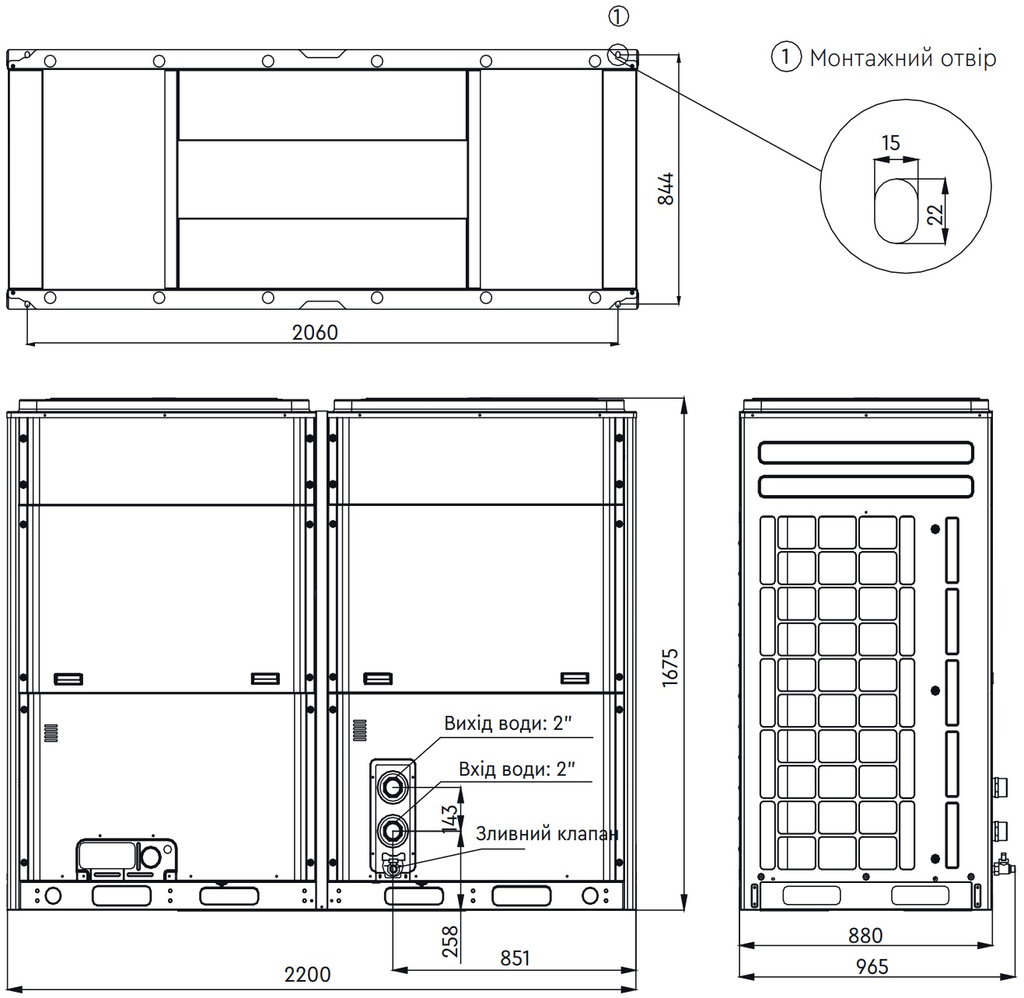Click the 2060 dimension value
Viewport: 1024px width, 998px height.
pos(315,333)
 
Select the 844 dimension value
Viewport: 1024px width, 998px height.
pos(666,188)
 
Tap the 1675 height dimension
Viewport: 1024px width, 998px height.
pos(670,666)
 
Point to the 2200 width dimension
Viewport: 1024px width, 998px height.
pos(307,974)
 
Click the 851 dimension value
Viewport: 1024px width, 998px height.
pos(515,958)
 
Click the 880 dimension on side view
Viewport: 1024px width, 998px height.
pos(865,936)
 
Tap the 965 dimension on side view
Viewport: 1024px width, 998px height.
pos(872,966)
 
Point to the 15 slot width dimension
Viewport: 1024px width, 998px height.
pos(891,143)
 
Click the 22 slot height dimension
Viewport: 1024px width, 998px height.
pos(936,211)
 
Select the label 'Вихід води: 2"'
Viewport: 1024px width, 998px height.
pos(508,724)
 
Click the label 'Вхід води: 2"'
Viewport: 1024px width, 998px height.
pos(516,769)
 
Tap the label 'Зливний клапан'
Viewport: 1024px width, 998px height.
pos(547,833)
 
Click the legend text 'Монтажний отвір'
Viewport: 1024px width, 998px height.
pos(902,58)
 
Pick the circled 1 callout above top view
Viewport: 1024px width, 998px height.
pos(619,16)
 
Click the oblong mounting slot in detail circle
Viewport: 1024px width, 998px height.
pos(896,211)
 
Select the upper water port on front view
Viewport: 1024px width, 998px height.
pos(392,787)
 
